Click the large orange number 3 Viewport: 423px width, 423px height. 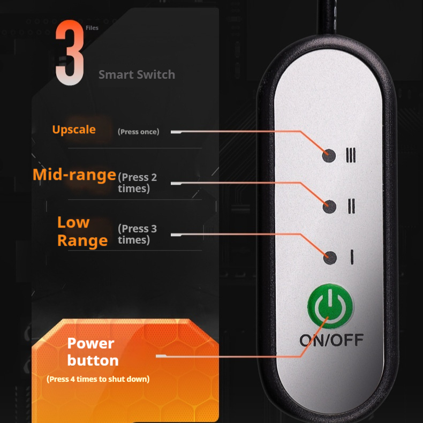pos(70,54)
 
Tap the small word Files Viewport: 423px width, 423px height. pos(92,28)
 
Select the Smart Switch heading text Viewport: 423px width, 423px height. pos(137,75)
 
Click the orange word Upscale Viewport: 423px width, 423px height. pos(74,130)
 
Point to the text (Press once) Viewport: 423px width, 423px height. pos(138,132)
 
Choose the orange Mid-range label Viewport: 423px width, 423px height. pos(74,175)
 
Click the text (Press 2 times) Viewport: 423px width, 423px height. pos(137,183)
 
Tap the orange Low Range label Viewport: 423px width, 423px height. pos(82,231)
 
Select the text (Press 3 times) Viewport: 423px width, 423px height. pos(137,234)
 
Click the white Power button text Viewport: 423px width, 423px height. pos(93,352)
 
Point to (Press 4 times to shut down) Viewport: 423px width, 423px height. pos(98,379)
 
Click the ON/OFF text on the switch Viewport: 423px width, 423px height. pos(331,339)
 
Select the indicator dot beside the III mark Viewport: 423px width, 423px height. pos(330,155)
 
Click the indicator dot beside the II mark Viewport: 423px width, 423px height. pos(330,206)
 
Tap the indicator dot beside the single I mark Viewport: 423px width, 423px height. pos(330,258)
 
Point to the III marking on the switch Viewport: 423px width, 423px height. pos(351,155)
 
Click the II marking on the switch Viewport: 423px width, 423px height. pos(351,206)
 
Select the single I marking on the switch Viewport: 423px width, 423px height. pos(352,258)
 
